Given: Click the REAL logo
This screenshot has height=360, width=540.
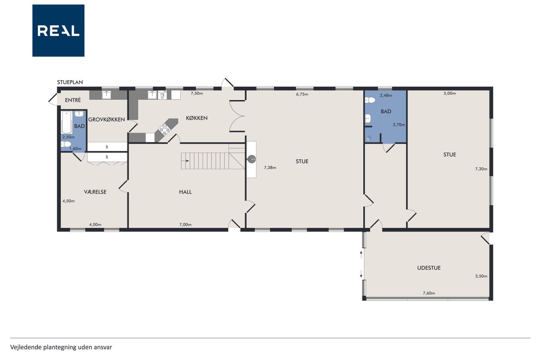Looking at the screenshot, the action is coord(58,31).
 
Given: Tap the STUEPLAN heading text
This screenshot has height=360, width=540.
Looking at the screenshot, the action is coord(70,82).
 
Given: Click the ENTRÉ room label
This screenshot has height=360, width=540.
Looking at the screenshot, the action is coord(73,100).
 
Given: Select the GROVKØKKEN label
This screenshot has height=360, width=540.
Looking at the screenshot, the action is coord(106,119).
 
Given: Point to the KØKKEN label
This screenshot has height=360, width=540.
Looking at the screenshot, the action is coord(197,118).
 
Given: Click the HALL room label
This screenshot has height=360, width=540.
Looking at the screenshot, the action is coord(185,192).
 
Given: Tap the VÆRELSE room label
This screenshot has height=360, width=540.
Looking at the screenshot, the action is coord(95,192).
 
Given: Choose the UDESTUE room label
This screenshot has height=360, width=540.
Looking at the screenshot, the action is coord(429,268).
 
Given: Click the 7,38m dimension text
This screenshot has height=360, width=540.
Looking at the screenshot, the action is coord(270,168).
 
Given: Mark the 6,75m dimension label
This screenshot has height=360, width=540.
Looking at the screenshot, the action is coord(302,94).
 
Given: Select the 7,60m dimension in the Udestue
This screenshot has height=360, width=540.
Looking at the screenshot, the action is coord(429,293).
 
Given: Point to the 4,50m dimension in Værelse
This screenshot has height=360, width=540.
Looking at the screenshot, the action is coord(68,201).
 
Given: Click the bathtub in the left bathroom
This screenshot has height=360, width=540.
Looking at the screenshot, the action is coord(67,122).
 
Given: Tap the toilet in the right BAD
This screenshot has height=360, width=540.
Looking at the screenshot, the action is coord(370,100).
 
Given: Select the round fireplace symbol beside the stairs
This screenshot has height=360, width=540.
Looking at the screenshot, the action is coord(251,159).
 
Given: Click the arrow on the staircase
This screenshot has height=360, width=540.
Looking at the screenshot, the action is coord(185,161).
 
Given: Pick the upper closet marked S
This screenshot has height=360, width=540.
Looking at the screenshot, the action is coord(107,146).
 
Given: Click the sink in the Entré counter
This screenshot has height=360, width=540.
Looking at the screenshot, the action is coord(106,95).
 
